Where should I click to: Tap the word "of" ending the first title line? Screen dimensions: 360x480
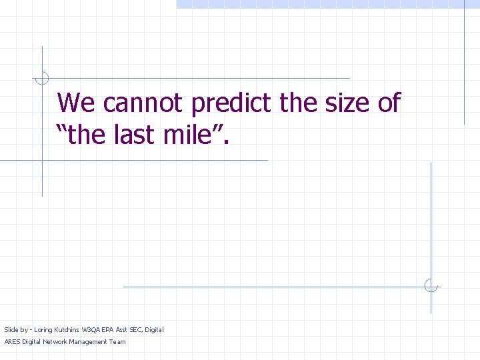coord(387,103)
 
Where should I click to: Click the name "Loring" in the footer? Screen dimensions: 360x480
coord(44,329)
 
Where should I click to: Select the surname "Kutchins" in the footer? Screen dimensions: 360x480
coord(68,329)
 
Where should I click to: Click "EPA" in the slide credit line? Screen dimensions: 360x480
coord(108,329)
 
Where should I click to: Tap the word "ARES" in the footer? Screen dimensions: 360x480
coord(12,342)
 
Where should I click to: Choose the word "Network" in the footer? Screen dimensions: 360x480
coord(55,342)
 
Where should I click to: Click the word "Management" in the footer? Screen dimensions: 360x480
coord(89,342)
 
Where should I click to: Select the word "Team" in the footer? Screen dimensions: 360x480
coord(117,342)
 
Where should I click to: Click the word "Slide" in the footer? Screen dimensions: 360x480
coord(11,329)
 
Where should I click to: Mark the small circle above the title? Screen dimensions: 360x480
coord(42,79)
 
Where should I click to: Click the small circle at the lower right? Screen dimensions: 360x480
coord(431,286)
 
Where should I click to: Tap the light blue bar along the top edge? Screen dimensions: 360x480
coord(327,4)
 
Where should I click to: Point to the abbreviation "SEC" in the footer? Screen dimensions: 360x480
coord(136,329)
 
